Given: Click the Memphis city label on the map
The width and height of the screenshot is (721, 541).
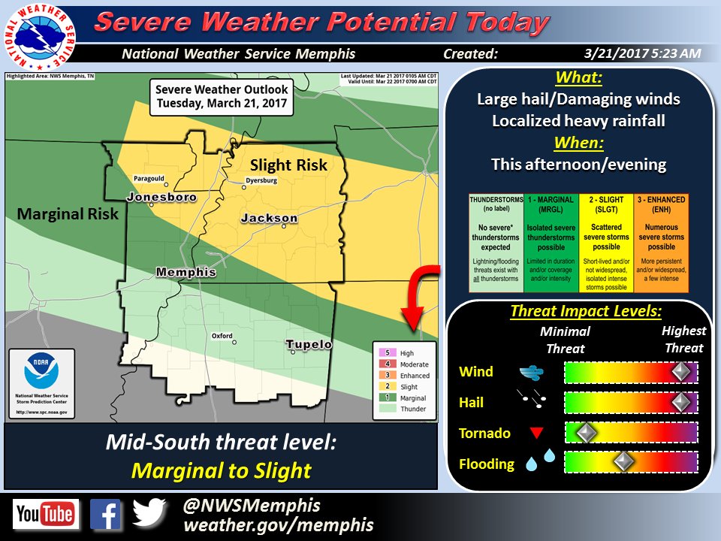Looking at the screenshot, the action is click(x=186, y=272).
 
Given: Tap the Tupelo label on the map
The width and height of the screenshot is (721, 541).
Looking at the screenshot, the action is click(x=308, y=345).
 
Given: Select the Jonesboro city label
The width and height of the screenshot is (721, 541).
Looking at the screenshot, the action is click(x=161, y=198).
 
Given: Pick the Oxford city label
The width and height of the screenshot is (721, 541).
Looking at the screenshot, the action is click(x=222, y=335).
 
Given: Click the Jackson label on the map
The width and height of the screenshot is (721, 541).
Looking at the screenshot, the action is click(x=269, y=219).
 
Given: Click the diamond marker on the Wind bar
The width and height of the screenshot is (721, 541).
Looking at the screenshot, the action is click(x=680, y=372).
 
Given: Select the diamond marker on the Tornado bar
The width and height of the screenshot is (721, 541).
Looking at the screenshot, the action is click(x=585, y=433).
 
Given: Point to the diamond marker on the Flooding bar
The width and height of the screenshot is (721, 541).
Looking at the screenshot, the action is click(x=622, y=463).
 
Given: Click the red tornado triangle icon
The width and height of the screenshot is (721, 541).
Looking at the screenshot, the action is click(x=535, y=433).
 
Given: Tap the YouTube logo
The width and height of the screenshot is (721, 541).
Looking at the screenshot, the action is click(x=45, y=515).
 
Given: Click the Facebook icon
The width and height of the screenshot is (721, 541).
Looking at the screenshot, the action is click(x=105, y=515).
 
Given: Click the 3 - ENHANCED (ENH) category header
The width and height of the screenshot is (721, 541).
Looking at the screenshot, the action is click(x=661, y=204).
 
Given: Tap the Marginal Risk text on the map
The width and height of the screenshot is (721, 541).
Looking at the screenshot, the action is click(x=68, y=214).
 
